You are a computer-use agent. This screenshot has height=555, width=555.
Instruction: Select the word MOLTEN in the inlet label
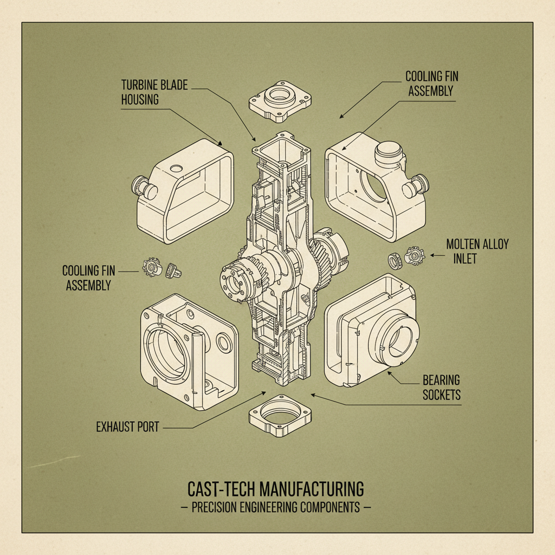pyautogui.click(x=464, y=244)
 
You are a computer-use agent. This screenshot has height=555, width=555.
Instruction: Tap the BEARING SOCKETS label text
pyautogui.click(x=442, y=388)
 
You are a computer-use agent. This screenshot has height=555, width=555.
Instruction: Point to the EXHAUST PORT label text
pyautogui.click(x=127, y=427)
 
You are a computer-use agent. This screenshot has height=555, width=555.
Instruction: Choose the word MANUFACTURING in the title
pyautogui.click(x=312, y=489)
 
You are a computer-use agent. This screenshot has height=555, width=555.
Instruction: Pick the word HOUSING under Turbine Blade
pyautogui.click(x=140, y=100)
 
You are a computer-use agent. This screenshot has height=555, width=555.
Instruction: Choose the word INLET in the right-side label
pyautogui.click(x=464, y=259)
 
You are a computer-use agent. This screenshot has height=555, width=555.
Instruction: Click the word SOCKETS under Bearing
pyautogui.click(x=442, y=395)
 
